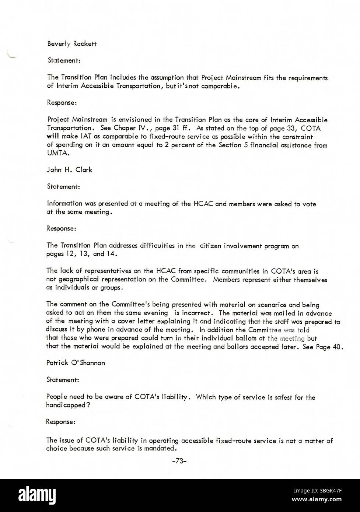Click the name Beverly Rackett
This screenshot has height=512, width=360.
[72, 44]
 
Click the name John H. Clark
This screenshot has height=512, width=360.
[69, 170]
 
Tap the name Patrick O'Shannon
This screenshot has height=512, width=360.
[76, 363]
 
